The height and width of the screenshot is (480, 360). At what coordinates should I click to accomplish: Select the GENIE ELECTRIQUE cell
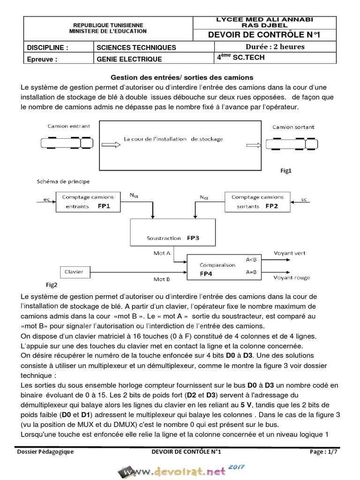click(129, 59)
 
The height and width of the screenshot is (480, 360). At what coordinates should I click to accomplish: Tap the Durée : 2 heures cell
click(275, 47)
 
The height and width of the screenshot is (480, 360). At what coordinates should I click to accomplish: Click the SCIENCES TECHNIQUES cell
click(136, 47)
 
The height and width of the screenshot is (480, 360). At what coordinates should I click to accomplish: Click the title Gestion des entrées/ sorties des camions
click(181, 77)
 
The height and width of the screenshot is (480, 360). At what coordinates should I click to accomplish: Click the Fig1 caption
click(286, 171)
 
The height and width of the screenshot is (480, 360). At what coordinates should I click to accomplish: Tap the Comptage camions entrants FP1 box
click(88, 201)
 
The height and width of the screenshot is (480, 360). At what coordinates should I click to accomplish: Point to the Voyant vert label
click(289, 253)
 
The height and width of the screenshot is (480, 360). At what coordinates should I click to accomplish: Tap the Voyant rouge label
click(292, 277)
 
